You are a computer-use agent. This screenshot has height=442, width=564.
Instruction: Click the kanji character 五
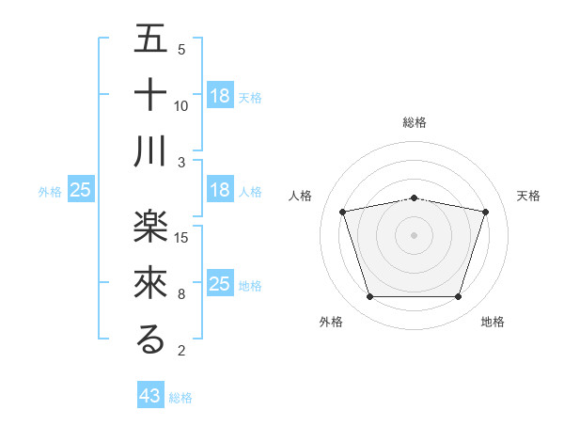point(150,39)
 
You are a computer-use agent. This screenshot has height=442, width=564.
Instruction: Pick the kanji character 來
point(150,283)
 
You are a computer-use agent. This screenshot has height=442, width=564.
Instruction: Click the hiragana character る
point(150,339)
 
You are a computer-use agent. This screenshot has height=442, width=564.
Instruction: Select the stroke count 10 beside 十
point(181,105)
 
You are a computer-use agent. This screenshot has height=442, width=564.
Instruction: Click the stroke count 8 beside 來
point(181,293)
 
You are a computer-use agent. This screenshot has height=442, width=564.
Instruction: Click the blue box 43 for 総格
point(150,396)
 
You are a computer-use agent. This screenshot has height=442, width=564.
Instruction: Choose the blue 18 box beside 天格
point(220,95)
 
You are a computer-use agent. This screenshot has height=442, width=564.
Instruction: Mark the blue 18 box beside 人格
point(220,190)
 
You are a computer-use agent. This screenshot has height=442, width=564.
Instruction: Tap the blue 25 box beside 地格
point(220,284)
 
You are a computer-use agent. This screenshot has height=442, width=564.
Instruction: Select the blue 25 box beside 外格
point(80,190)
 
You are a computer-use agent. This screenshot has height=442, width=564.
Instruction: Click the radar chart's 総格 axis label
point(415,122)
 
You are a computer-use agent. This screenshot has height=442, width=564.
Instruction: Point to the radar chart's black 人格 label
point(301,196)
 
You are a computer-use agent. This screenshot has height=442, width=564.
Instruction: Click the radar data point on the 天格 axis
point(485,213)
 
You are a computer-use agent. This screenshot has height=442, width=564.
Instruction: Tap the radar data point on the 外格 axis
point(369,297)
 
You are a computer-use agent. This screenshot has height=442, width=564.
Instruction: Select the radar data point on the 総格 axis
point(415,197)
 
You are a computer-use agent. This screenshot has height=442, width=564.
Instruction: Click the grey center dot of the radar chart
point(415,235)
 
